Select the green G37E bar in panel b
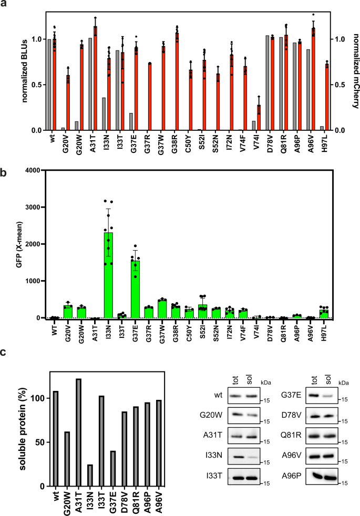click(136, 290)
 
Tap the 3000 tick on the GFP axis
click(33, 207)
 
